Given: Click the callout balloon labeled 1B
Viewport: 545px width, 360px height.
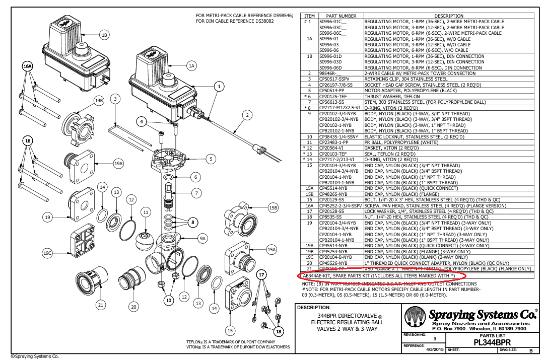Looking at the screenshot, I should pos(104,35).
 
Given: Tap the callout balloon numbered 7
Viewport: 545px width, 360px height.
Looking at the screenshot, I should pos(196,192).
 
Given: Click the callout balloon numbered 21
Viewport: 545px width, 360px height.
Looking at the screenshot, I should pos(101,305).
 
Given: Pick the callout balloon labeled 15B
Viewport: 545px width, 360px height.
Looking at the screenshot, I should pos(274,207).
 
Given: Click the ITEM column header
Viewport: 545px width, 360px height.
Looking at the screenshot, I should pos(310,16).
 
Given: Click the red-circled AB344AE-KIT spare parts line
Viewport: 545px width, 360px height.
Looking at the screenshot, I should pos(381,276).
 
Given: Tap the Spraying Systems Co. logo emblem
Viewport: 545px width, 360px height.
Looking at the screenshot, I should pos(415,318).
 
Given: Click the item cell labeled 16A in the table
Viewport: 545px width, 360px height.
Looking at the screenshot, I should pos(310,205).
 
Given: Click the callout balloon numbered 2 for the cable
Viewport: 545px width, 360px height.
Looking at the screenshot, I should pos(247,115).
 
